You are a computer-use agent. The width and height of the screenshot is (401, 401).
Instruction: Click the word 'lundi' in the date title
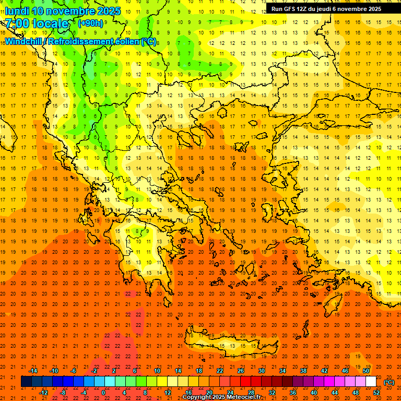(x=17, y=11)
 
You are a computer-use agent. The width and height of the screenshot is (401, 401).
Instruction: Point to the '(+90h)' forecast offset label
(x=90, y=23)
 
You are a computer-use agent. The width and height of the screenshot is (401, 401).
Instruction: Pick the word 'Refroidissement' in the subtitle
(x=81, y=41)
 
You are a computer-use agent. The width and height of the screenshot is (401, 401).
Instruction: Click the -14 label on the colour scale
(x=33, y=371)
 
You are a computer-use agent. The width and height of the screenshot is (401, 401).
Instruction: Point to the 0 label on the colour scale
(x=103, y=393)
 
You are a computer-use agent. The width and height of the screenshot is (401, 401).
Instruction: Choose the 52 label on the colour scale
(x=376, y=393)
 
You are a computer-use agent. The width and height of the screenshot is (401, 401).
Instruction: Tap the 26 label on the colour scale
(x=240, y=371)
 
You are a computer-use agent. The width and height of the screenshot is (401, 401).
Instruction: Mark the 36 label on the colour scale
(x=292, y=393)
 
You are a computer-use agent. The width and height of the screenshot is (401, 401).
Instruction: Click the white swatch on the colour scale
(x=371, y=382)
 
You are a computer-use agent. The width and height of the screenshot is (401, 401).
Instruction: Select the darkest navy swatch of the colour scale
(x=26, y=382)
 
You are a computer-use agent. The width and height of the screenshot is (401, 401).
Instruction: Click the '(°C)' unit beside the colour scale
(x=389, y=382)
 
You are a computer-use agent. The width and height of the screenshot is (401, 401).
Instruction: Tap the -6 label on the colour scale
(x=74, y=371)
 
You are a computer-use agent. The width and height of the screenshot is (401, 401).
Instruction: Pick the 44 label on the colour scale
(x=335, y=393)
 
